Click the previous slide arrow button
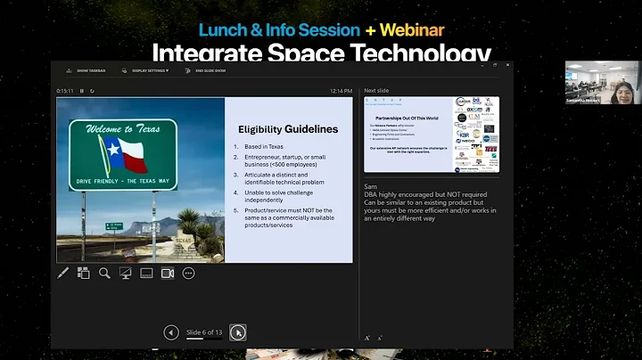(171, 332)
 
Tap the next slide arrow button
(237, 332)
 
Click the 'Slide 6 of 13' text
(204, 331)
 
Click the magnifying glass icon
(104, 274)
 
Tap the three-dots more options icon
(188, 274)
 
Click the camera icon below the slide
(167, 274)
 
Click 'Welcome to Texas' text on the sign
(122, 130)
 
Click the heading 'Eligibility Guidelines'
(287, 129)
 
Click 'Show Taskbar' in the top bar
(93, 69)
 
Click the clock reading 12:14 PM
(342, 90)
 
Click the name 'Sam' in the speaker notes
(371, 185)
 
